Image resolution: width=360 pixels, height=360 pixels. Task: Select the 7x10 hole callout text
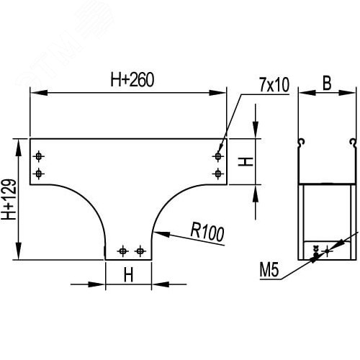(x=274, y=85)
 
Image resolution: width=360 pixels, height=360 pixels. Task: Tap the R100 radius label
(x=207, y=232)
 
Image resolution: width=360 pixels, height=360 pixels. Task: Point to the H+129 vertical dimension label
(x=9, y=199)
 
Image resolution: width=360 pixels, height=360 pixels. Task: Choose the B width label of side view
(x=326, y=84)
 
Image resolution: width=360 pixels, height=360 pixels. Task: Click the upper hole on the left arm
(x=39, y=156)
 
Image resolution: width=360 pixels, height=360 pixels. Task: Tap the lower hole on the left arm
(x=39, y=173)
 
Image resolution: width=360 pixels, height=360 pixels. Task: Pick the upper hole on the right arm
(x=217, y=156)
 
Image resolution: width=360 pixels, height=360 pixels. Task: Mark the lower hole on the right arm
(x=217, y=173)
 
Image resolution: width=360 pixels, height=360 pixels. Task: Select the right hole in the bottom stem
(x=139, y=250)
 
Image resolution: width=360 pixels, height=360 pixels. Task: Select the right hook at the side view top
(x=352, y=140)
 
